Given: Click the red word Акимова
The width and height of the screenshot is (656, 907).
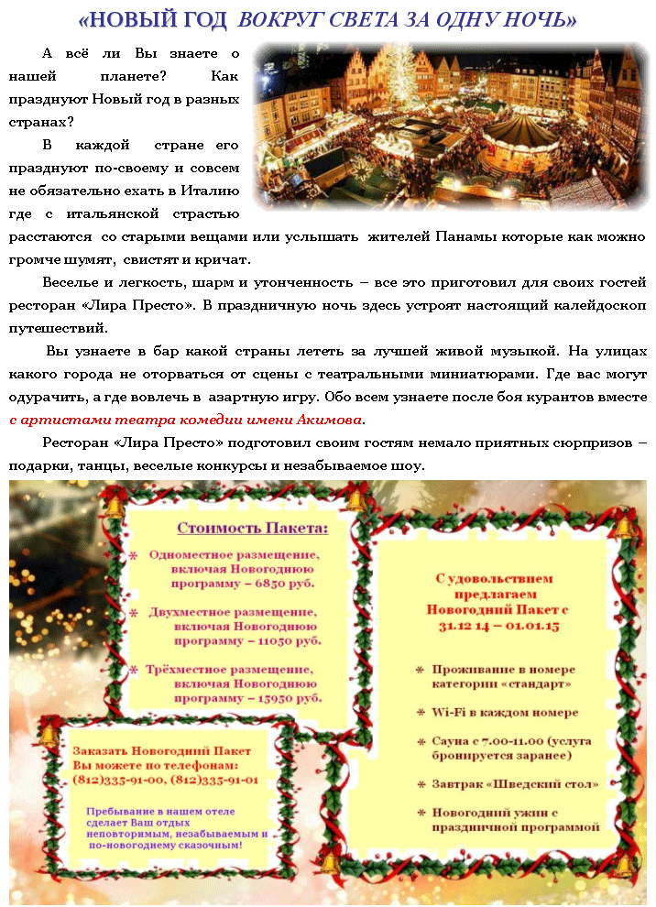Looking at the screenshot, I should point(331,421).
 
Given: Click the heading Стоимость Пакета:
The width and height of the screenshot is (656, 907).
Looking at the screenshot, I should point(252,528).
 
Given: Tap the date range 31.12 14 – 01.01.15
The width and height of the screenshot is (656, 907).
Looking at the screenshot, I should point(498,626).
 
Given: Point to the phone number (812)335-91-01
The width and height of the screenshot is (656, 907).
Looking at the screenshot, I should point(214,780).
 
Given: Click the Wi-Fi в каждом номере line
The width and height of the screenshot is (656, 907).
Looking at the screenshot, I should point(505,712).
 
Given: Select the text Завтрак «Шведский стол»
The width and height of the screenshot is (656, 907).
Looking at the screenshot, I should point(515,784).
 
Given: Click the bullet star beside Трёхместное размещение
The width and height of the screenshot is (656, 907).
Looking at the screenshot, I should point(133,669).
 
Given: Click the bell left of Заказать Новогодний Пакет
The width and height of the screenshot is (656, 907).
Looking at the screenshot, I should point(49,735).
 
